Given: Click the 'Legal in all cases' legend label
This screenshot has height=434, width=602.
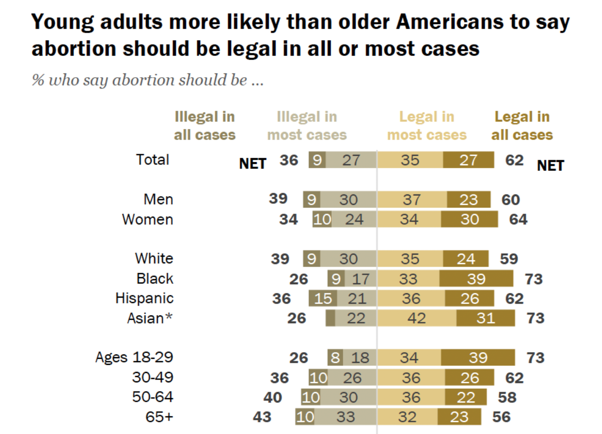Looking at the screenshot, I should coord(522,126).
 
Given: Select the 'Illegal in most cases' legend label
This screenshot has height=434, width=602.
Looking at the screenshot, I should coord(307,126).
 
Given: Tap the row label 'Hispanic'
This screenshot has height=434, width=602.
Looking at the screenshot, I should coord(145,298).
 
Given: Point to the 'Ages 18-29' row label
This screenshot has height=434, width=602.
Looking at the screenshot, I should coord(134,357).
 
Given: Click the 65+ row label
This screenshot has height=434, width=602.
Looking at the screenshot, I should coord(160,417).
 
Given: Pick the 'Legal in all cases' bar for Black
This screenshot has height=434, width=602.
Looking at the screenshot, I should coord(476,279).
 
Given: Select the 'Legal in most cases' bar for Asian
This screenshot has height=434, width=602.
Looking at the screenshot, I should coord(416,318).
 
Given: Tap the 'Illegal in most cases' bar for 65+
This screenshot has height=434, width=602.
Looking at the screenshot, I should coord(345,417).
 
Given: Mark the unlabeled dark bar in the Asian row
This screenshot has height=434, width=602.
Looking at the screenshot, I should coord(330,318).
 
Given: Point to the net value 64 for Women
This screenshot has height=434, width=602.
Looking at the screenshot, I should coord(518,219).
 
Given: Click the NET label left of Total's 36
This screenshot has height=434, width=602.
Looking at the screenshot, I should coord(253,164).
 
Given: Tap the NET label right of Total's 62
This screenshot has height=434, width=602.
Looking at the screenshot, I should coord(550,166).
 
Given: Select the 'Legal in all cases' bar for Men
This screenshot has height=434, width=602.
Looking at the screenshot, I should coord(469,200).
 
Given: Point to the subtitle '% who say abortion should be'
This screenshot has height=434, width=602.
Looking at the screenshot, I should coord(147,80).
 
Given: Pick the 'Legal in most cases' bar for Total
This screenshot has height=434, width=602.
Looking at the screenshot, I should coord(410,160).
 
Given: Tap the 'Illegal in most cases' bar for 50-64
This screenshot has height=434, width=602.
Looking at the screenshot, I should coord(348,397).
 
